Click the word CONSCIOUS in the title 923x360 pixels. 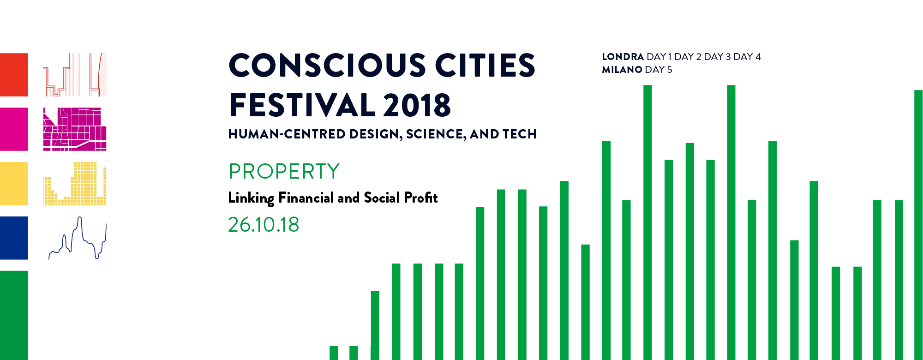(x=327, y=65)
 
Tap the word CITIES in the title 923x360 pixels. (x=485, y=65)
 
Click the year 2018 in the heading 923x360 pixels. (x=417, y=105)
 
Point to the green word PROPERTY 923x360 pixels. (x=284, y=171)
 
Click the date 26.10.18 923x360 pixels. (x=264, y=225)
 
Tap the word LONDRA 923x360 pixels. (x=623, y=57)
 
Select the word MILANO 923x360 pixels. (x=622, y=70)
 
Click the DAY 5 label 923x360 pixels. (x=659, y=70)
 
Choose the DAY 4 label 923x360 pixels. (x=747, y=57)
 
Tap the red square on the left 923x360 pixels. (x=14, y=75)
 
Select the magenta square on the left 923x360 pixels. (x=14, y=129)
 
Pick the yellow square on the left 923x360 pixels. (x=14, y=184)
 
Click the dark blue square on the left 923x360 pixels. (x=14, y=238)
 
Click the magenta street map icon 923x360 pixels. (x=75, y=129)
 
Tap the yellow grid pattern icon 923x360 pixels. (x=75, y=184)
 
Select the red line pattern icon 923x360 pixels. (x=75, y=75)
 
